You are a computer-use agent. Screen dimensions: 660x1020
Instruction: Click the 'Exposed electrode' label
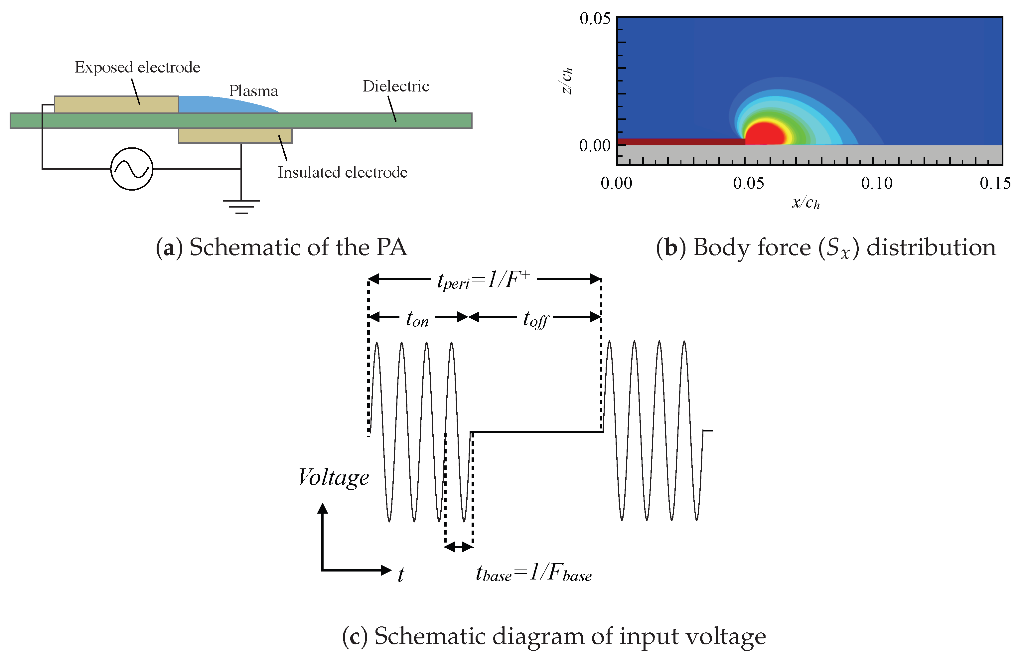[137, 67]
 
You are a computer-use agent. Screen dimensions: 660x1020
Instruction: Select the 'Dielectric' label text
[395, 86]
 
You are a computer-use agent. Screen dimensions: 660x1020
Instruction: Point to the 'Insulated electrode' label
[342, 172]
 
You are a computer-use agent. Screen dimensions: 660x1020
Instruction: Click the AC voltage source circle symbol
[131, 169]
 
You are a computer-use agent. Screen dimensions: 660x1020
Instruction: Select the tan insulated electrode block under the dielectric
[235, 135]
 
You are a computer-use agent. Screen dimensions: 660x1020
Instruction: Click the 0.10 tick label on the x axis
[876, 183]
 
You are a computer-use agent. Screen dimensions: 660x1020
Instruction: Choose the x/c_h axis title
[805, 202]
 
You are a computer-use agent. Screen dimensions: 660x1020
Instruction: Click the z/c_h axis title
[567, 81]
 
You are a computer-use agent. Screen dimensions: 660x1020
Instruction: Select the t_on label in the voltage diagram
[417, 319]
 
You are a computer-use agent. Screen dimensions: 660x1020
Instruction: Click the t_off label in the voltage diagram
[535, 319]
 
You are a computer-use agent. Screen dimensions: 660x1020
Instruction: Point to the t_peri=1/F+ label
[483, 281]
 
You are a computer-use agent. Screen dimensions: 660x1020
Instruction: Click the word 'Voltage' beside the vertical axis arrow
[333, 477]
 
